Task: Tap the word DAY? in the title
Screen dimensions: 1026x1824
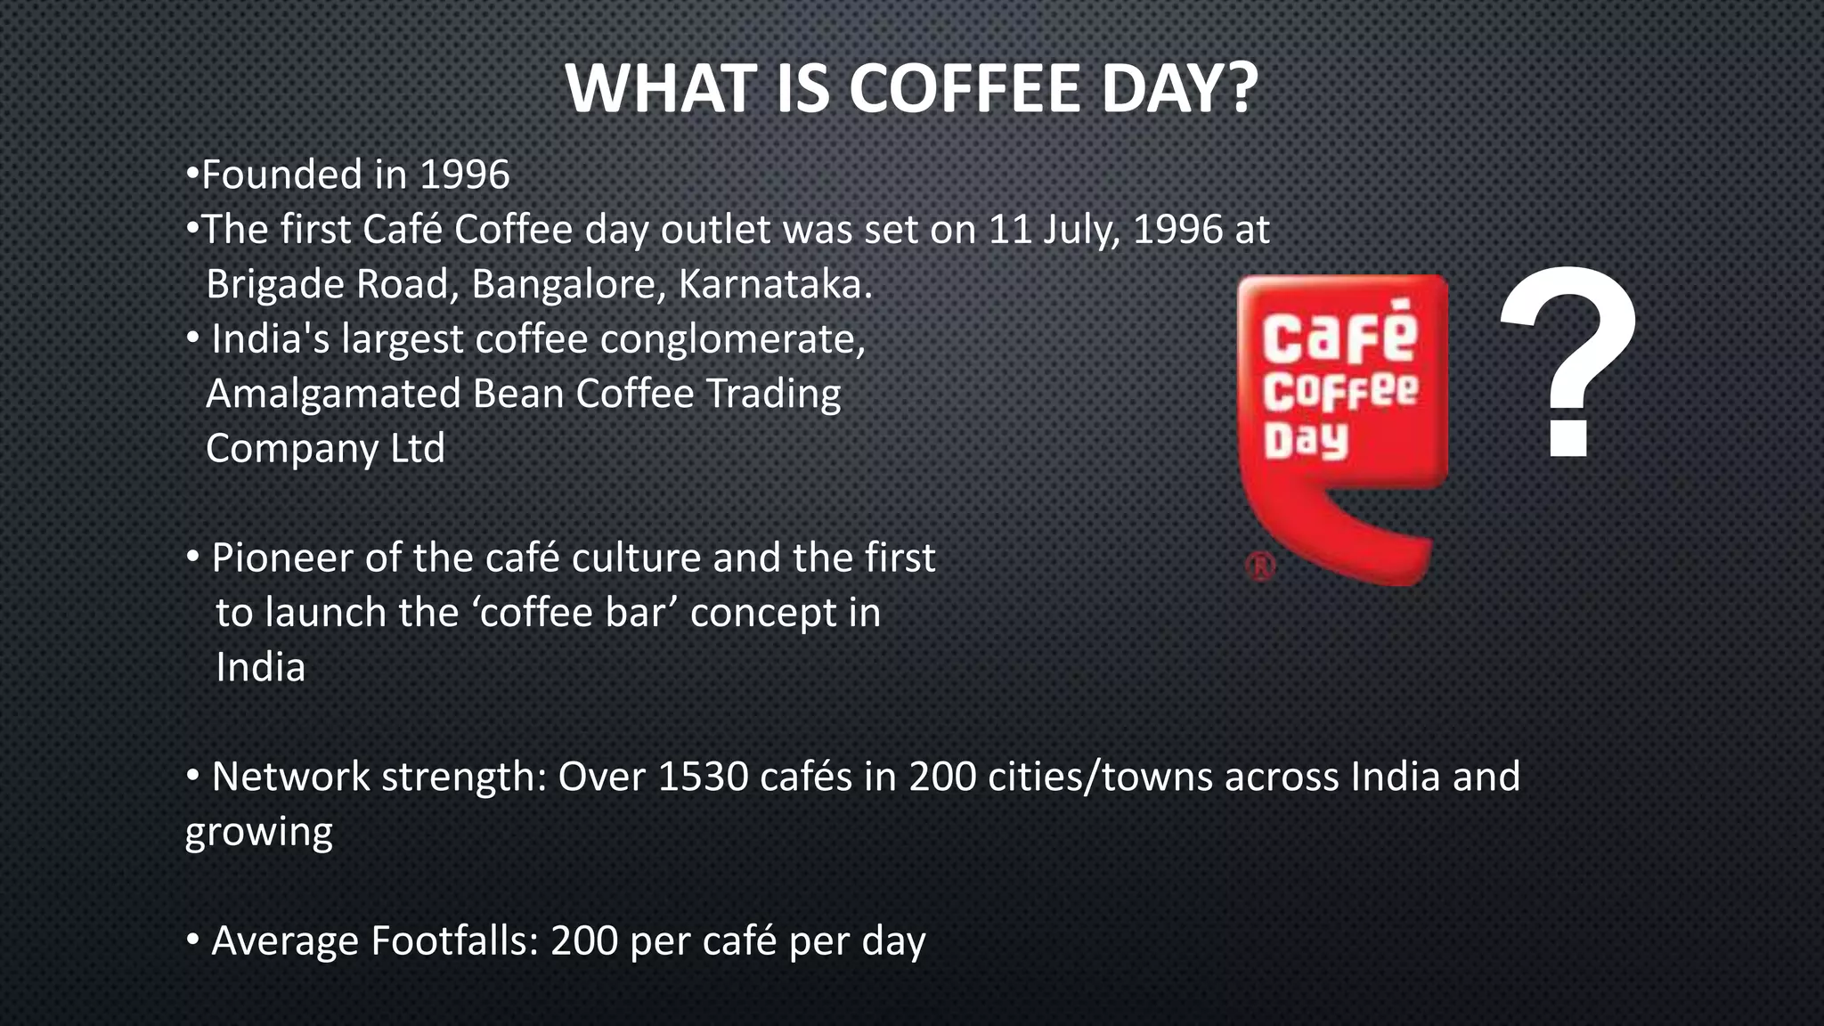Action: (x=1179, y=89)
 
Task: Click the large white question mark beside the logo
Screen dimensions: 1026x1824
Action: (x=1569, y=361)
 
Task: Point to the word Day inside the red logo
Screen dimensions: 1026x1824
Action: (x=1306, y=441)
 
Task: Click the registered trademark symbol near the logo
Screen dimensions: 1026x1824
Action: (x=1261, y=566)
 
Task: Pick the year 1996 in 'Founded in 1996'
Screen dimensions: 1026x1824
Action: (x=464, y=175)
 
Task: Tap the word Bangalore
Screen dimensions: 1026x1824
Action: (x=568, y=285)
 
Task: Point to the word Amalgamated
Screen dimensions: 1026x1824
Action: (x=333, y=395)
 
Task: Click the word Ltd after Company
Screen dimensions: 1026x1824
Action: (x=418, y=448)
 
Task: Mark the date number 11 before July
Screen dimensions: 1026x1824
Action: (x=1010, y=230)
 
